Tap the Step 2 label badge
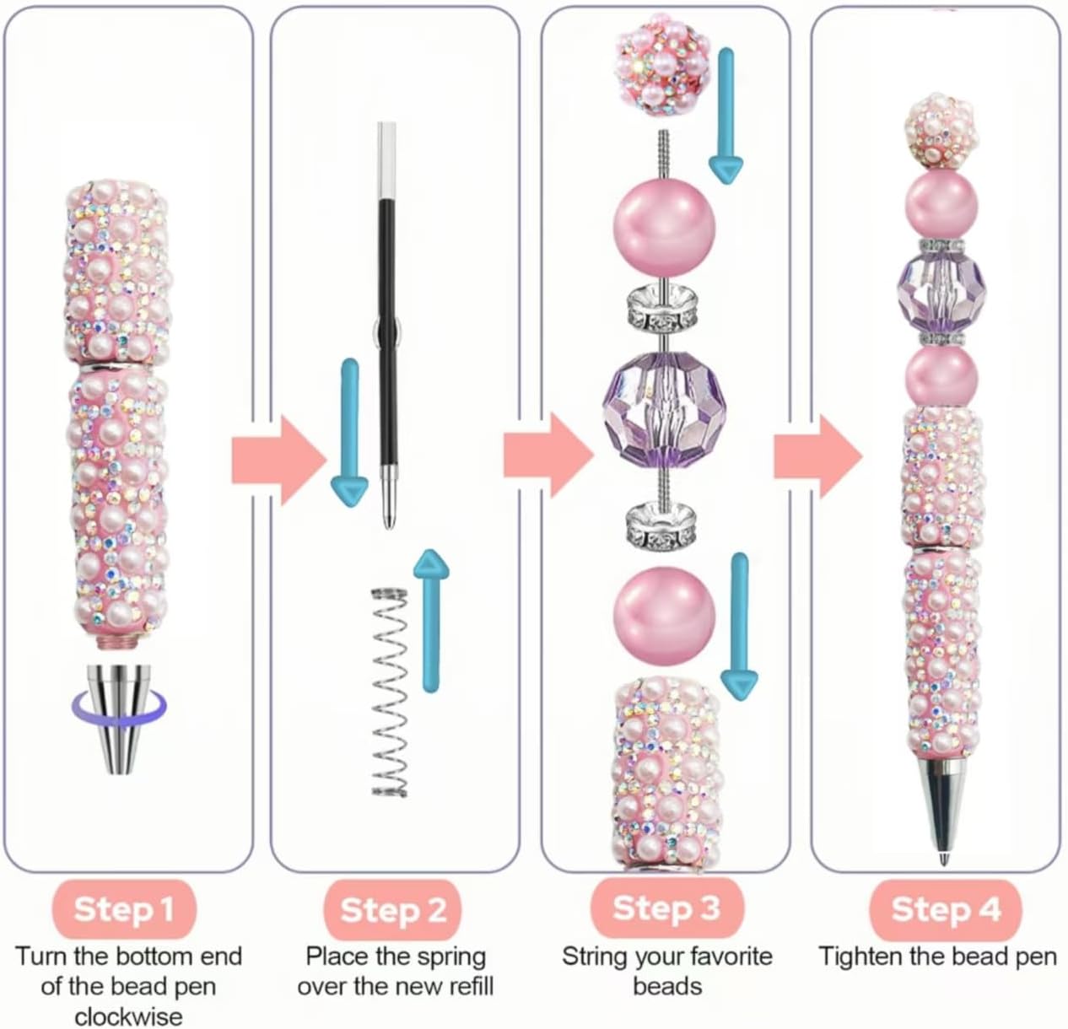[x=393, y=910]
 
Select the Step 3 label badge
[x=666, y=908]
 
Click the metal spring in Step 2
[x=390, y=691]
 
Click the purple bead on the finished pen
[x=941, y=286]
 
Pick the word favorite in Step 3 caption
[x=725, y=956]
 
